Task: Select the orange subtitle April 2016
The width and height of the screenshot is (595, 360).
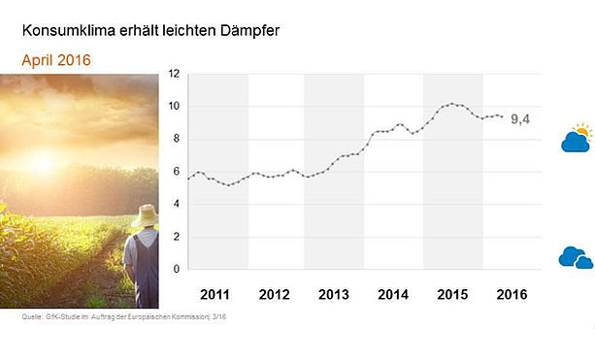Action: pos(56,60)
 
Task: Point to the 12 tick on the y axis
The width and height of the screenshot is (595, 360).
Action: pos(174,74)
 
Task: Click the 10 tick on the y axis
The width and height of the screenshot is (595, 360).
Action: pos(174,106)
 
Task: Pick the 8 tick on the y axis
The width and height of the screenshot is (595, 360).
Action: pos(176,139)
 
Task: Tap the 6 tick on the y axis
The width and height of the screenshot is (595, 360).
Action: pos(176,172)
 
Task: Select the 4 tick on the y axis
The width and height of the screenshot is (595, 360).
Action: pos(176,204)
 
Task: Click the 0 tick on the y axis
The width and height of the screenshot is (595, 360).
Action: pos(176,270)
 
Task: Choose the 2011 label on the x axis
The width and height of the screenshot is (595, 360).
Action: pos(215,295)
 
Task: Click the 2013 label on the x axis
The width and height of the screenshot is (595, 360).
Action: pos(334,295)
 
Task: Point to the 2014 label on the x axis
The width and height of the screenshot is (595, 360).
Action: pos(393,295)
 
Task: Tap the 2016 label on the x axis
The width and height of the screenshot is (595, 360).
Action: pos(512,295)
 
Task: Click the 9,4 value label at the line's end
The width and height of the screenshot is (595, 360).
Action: pos(520,119)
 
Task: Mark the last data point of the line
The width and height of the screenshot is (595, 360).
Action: pos(503,116)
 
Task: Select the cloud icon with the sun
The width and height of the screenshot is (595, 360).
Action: pos(577,138)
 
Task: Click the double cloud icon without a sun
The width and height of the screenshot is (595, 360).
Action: pos(576,257)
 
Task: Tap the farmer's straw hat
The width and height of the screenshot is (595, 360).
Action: pos(146,215)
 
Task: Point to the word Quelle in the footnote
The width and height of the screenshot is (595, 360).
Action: pos(31,316)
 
